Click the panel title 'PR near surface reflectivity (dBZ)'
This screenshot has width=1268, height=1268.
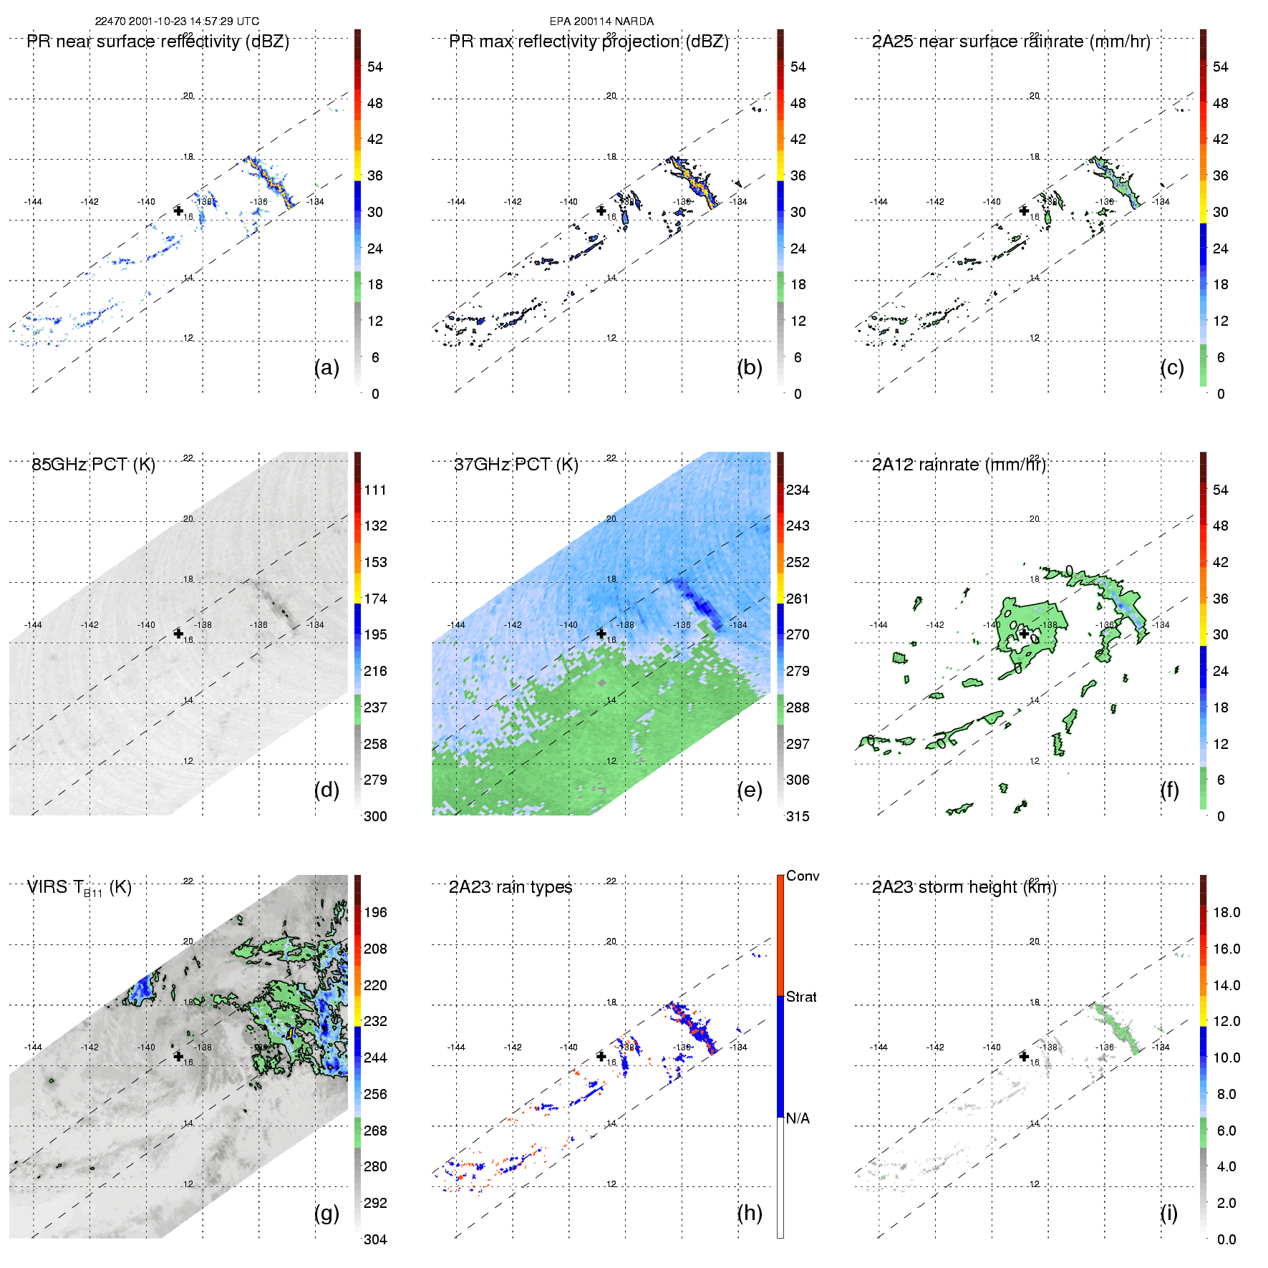pyautogui.click(x=158, y=42)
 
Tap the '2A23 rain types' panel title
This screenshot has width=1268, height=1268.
pyautogui.click(x=510, y=887)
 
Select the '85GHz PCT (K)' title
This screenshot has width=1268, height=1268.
pyautogui.click(x=93, y=465)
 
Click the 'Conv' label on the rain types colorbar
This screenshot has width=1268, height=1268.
pyautogui.click(x=803, y=876)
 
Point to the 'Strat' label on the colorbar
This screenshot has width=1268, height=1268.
pyautogui.click(x=801, y=997)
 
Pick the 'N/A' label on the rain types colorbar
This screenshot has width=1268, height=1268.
pyautogui.click(x=798, y=1118)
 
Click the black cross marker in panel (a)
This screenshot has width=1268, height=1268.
pyautogui.click(x=178, y=210)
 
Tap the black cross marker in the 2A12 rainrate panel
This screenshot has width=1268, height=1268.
pyautogui.click(x=1024, y=634)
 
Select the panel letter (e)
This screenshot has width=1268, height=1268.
pyautogui.click(x=749, y=790)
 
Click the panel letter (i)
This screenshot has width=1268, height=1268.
pyautogui.click(x=1168, y=1213)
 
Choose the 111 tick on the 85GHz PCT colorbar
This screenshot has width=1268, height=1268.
pyautogui.click(x=375, y=490)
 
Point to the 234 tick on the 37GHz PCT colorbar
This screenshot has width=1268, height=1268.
pyautogui.click(x=798, y=490)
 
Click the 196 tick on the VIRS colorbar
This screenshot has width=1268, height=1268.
pyautogui.click(x=375, y=913)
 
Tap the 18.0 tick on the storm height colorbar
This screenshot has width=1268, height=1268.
pyautogui.click(x=1226, y=913)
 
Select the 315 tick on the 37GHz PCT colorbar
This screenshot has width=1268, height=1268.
pyautogui.click(x=798, y=817)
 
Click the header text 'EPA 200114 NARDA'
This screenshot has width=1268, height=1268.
pyautogui.click(x=601, y=21)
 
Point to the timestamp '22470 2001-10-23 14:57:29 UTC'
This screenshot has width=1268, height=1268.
pyautogui.click(x=177, y=21)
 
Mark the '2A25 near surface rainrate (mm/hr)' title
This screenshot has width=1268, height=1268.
pyautogui.click(x=1011, y=42)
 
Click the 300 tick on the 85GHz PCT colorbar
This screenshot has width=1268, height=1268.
pyautogui.click(x=375, y=817)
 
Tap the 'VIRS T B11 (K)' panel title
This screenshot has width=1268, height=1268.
pyautogui.click(x=79, y=888)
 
